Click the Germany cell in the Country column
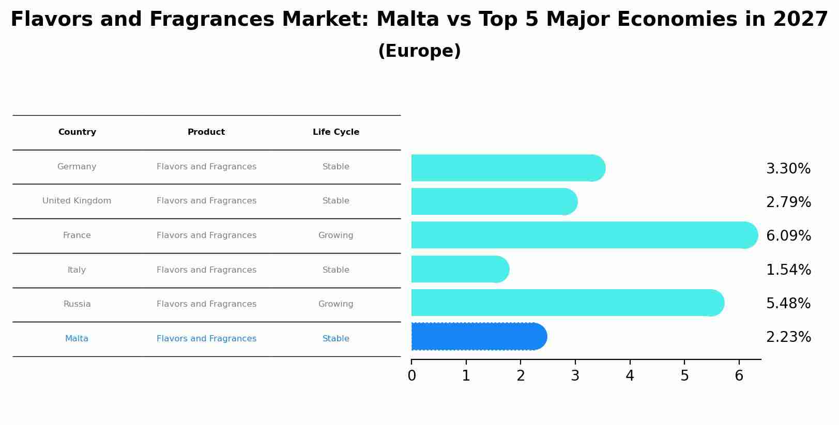77,167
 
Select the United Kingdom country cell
77,201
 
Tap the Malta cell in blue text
77,339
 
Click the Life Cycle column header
336,132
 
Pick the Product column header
206,132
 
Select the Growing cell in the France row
336,235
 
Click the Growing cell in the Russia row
336,304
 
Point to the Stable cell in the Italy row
336,270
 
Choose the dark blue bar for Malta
478,337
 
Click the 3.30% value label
788,169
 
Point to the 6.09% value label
788,236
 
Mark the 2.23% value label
788,337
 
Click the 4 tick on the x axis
630,376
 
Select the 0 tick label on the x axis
411,376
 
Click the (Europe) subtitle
419,51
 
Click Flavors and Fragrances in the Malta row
206,339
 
